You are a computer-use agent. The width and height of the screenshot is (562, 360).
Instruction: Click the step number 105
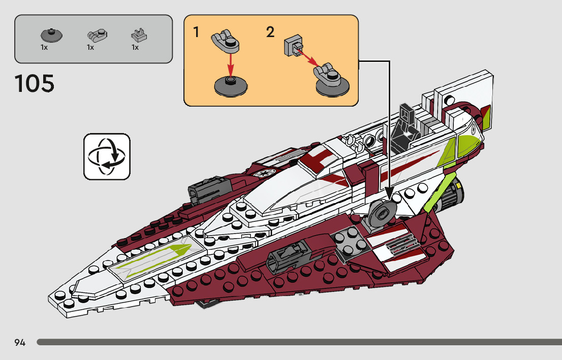(x=35, y=83)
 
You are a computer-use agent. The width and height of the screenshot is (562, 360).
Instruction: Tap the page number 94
(x=20, y=342)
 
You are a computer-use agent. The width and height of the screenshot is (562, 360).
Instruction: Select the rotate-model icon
(x=107, y=156)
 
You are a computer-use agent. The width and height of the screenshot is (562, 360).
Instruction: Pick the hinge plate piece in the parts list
(x=97, y=35)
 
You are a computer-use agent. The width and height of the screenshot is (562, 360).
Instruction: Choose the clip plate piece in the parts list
(x=139, y=35)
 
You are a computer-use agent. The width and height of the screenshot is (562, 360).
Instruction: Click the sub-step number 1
(x=196, y=32)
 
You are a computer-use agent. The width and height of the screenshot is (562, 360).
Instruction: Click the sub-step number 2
(x=270, y=32)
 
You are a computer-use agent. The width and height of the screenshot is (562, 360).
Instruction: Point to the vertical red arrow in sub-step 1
(x=231, y=63)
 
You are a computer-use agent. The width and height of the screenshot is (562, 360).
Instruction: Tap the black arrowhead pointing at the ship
(x=390, y=193)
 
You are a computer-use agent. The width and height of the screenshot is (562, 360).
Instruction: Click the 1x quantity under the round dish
(x=44, y=47)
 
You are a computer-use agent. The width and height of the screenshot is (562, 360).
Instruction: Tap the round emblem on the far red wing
(x=266, y=173)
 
